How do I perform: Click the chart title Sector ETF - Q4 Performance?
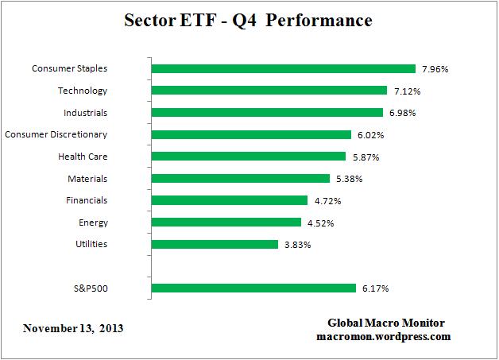[x=249, y=20]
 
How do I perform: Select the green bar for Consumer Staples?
[x=283, y=68]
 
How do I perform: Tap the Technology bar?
[x=269, y=91]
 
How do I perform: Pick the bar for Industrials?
[x=266, y=113]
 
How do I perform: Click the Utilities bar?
[x=214, y=244]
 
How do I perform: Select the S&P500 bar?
[x=253, y=288]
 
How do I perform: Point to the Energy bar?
[x=226, y=223]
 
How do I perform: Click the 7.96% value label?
[x=435, y=69]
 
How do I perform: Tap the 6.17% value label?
[x=375, y=288]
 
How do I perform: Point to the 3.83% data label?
[x=297, y=245]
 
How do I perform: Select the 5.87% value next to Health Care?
[x=365, y=157]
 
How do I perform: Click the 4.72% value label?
[x=327, y=201]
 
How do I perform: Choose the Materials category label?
[x=87, y=179]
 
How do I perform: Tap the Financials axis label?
[x=87, y=200]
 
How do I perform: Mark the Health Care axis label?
[x=83, y=157]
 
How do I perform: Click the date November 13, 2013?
[x=73, y=327]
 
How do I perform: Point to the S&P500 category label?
[x=91, y=288]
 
